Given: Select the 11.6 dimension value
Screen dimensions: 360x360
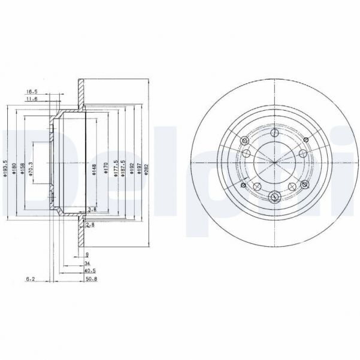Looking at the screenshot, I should tap(32, 100).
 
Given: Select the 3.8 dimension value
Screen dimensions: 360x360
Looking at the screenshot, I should tap(92, 209).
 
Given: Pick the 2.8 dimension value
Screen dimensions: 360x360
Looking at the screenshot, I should tap(90, 225).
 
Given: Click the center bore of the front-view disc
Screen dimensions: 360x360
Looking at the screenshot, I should tap(273, 162).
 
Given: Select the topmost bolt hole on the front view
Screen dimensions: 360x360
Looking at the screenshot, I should tap(274, 133).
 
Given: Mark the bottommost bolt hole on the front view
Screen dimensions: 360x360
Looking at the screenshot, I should tap(274, 196).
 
